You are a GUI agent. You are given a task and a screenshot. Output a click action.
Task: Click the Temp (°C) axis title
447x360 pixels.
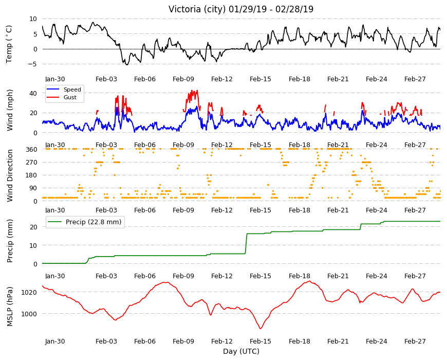pos(9,44)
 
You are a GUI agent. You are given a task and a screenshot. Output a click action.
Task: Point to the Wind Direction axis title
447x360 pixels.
pos(10,176)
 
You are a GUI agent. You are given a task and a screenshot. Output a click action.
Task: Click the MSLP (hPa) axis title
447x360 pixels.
pos(10,307)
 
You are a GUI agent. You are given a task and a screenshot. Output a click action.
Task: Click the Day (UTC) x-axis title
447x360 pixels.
pos(241,351)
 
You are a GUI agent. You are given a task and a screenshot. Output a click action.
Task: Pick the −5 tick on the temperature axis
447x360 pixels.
pos(32,64)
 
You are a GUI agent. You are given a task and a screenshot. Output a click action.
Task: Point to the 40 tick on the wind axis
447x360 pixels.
pos(33,93)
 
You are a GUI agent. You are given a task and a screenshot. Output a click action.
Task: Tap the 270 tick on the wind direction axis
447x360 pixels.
pos(31,163)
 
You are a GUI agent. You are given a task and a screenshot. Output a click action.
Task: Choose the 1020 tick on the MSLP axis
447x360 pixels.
pos(29,293)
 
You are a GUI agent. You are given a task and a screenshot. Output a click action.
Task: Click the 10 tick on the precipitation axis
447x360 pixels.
pos(33,245)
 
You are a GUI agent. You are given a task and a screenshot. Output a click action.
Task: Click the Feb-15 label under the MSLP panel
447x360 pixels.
pos(260,341)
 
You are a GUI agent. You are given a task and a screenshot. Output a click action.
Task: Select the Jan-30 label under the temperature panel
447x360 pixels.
pos(55,79)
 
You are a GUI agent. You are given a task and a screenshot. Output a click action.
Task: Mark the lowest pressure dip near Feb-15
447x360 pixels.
pos(260,329)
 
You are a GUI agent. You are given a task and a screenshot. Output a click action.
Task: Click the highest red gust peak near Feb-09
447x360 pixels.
pos(197,91)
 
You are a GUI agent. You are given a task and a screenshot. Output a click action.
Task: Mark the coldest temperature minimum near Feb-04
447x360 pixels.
pos(127,65)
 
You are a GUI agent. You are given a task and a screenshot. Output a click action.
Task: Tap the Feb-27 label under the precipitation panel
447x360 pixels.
pos(415,276)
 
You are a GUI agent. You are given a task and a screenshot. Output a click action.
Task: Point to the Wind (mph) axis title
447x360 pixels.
pos(10,111)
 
